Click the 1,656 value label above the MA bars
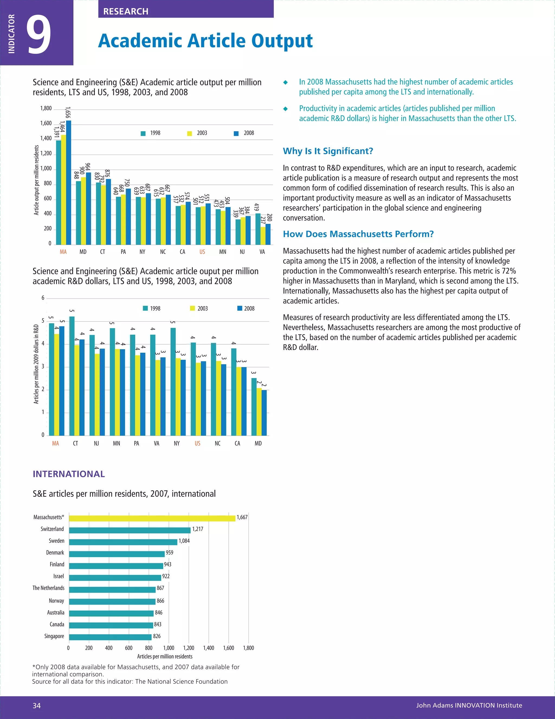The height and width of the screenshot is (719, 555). (68, 112)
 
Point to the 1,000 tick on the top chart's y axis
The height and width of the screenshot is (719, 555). (46, 168)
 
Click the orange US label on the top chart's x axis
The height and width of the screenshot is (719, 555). (202, 252)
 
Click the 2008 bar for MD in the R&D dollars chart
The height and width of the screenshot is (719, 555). (264, 413)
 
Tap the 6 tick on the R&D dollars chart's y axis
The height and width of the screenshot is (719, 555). (43, 298)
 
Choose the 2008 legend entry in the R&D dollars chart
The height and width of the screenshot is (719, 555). (246, 308)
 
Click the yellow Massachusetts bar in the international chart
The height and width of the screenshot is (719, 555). (152, 518)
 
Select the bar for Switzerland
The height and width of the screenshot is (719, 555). (130, 530)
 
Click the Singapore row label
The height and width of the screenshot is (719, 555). (54, 636)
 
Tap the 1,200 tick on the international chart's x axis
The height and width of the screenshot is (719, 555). (189, 648)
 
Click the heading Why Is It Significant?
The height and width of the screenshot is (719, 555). (328, 151)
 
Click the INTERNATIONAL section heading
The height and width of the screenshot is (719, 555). (69, 474)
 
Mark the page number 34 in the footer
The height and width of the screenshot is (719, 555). (37, 705)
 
